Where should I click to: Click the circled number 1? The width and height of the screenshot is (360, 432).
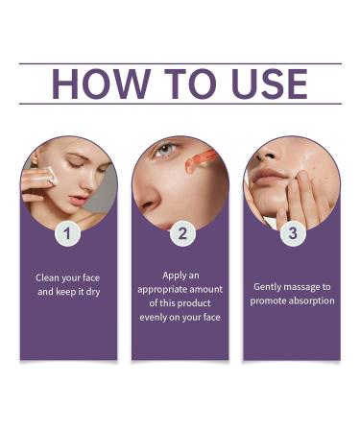click(x=68, y=233)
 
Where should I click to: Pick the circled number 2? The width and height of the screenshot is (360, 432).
click(x=180, y=233)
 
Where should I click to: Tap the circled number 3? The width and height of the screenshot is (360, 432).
click(x=292, y=233)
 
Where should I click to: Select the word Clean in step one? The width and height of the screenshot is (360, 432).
click(x=49, y=277)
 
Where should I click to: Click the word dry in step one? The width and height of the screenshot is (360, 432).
click(x=92, y=291)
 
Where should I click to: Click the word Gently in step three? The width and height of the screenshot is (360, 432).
click(x=269, y=286)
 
